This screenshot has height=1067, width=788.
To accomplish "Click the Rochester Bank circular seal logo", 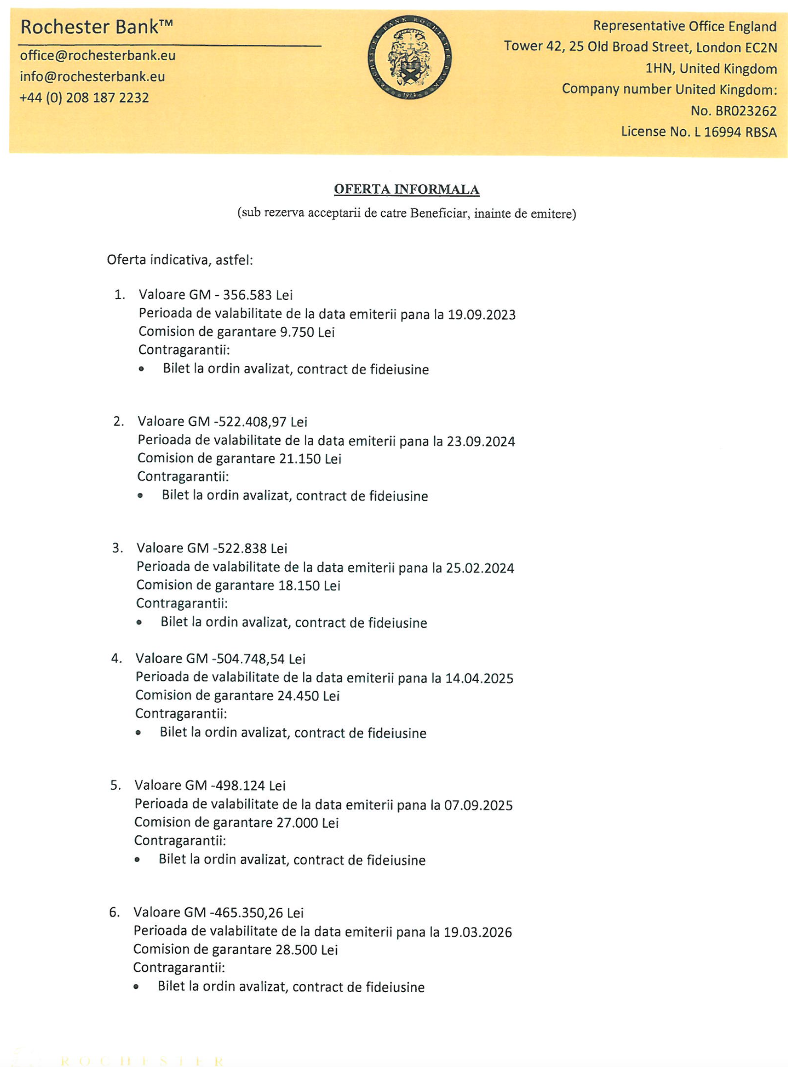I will [x=409, y=58].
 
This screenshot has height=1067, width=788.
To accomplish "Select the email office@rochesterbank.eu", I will [x=97, y=55].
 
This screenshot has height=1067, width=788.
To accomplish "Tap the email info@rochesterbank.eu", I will [x=92, y=76].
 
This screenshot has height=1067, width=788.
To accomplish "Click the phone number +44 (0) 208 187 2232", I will [x=84, y=97].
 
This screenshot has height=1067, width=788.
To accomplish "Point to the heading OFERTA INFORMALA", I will [x=406, y=189].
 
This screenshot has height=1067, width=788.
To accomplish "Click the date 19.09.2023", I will [x=482, y=315].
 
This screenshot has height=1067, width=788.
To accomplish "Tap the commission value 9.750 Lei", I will [x=307, y=332].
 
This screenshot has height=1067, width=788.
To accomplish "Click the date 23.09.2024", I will [x=481, y=441].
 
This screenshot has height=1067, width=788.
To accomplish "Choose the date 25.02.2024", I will [x=480, y=568].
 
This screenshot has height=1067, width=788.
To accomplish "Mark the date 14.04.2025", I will [x=479, y=678].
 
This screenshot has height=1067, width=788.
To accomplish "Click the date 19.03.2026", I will [x=477, y=932].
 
